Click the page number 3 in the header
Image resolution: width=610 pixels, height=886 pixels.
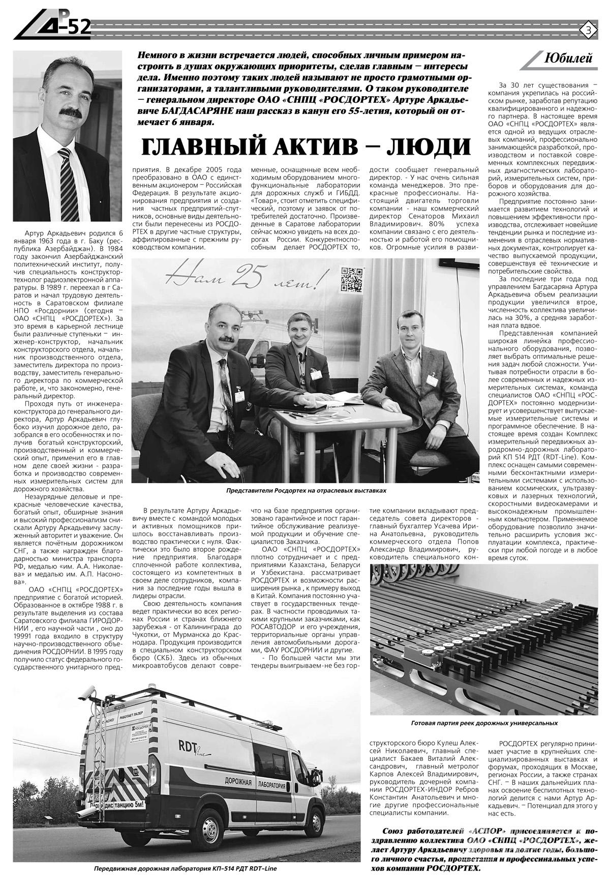[588, 29]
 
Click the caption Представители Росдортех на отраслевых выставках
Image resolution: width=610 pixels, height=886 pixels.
[307, 491]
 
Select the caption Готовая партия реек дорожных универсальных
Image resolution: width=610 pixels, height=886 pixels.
[484, 723]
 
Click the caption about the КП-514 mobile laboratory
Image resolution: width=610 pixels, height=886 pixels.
[185, 869]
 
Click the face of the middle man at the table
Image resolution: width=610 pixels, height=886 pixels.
[297, 330]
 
